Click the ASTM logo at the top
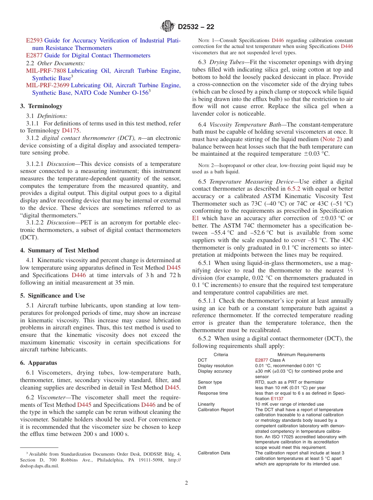[x=168, y=27]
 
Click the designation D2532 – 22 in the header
[x=196, y=27]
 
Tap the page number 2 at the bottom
[x=186, y=483]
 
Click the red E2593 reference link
[x=34, y=40]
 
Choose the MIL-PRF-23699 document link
[x=48, y=85]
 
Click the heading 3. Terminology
[x=41, y=106]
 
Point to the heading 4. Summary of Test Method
[x=59, y=250]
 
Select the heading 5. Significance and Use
[x=52, y=296]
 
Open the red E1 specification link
[x=196, y=218]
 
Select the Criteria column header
[x=221, y=355]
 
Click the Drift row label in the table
[x=202, y=388]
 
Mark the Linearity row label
[x=206, y=404]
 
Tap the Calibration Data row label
[x=214, y=453]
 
